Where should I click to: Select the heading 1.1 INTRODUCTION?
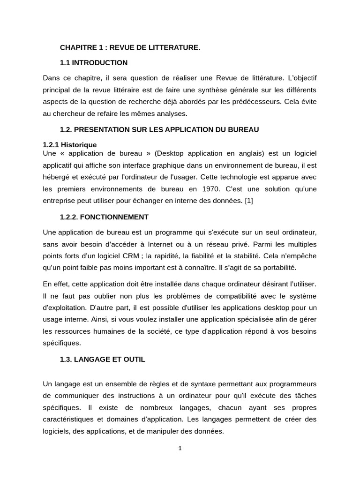tap(93, 62)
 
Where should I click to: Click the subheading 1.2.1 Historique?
tap(69, 145)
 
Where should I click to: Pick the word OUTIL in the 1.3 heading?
tap(135, 359)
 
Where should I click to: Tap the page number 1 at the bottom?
tap(180, 448)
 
